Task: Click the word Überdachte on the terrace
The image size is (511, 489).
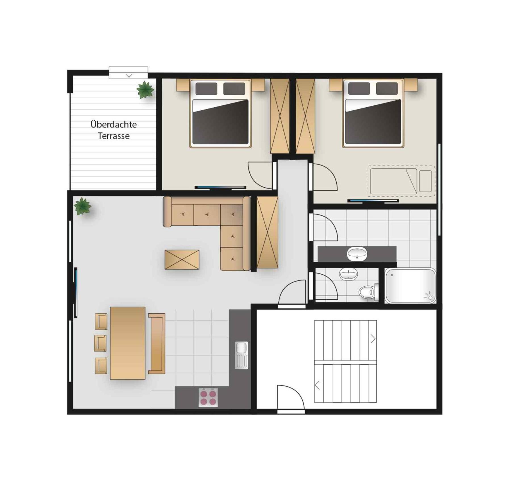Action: click(x=114, y=124)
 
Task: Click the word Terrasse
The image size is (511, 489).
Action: click(x=114, y=136)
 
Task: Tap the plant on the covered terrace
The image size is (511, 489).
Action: click(x=145, y=90)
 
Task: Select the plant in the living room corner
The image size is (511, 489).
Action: click(x=82, y=206)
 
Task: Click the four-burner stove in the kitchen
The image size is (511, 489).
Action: click(x=208, y=397)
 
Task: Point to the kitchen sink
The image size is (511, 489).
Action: click(x=241, y=355)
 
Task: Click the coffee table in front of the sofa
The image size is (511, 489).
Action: click(x=182, y=259)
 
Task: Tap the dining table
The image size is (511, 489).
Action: click(x=128, y=343)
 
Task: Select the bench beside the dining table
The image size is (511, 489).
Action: click(x=157, y=344)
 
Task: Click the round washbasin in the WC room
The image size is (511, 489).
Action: click(x=349, y=274)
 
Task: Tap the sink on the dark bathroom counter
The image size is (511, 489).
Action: click(x=357, y=253)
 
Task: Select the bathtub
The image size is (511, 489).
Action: click(x=410, y=286)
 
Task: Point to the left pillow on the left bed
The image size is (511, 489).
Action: click(x=206, y=89)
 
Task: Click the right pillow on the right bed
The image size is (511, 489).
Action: click(x=387, y=89)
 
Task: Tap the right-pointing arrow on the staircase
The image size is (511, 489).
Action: click(x=373, y=339)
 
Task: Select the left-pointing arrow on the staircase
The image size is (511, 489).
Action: click(x=318, y=385)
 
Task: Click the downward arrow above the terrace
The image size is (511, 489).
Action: click(x=129, y=76)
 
